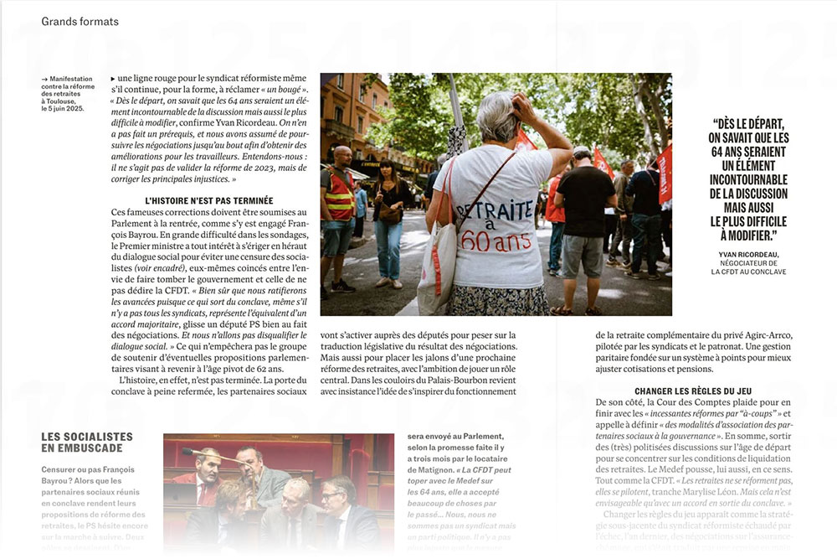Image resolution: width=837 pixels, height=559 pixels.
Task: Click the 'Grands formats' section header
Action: (80, 21)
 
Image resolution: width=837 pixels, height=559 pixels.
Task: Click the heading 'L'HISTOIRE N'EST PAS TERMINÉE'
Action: (209, 201)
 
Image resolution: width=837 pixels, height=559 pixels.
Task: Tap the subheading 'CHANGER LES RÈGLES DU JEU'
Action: (694, 391)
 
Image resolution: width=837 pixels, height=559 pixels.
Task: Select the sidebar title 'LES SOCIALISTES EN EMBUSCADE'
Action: (87, 443)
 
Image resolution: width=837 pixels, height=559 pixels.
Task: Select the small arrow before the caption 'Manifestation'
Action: (44, 79)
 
